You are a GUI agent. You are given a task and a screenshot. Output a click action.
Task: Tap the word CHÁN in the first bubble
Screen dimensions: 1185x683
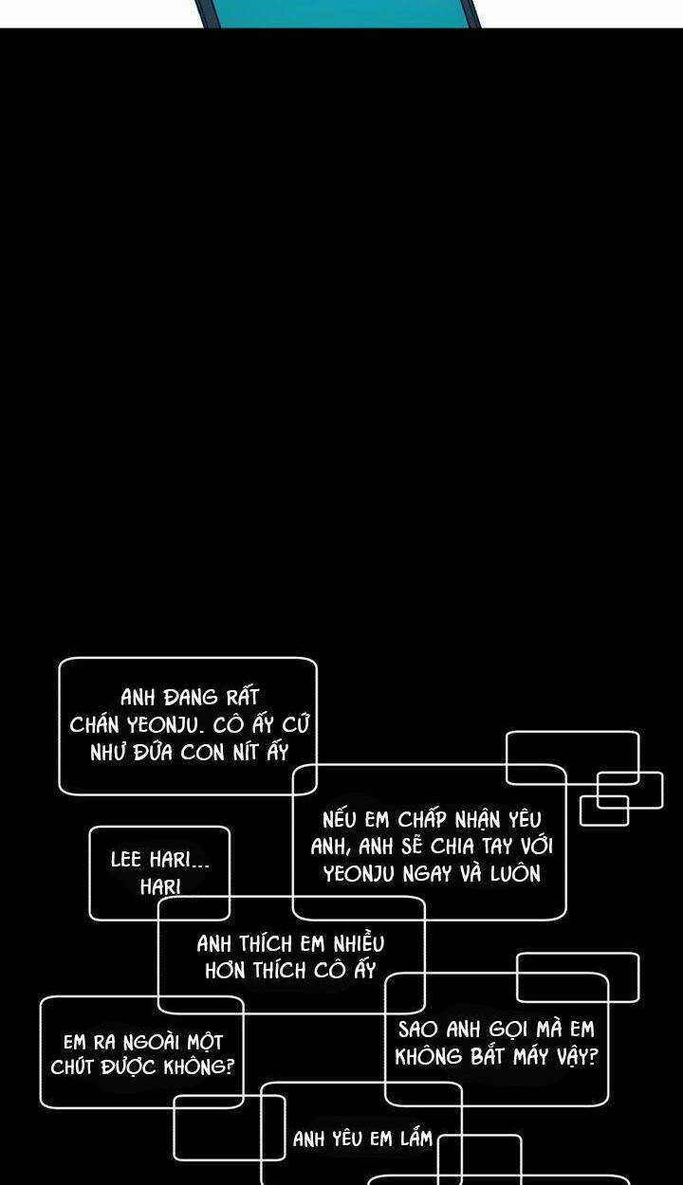point(93,725)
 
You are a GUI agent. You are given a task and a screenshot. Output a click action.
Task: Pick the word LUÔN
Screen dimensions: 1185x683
point(515,874)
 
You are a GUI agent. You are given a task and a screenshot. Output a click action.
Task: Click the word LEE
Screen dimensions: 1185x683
point(126,860)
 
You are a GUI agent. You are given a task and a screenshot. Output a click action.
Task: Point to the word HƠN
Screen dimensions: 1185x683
point(227,971)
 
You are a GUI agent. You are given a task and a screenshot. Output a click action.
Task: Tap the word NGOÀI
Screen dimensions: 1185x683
point(148,1041)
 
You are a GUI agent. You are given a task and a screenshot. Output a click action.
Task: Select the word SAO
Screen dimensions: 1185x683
point(418,1030)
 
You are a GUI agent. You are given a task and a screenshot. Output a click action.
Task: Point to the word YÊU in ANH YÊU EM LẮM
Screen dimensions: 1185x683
point(347,1139)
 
